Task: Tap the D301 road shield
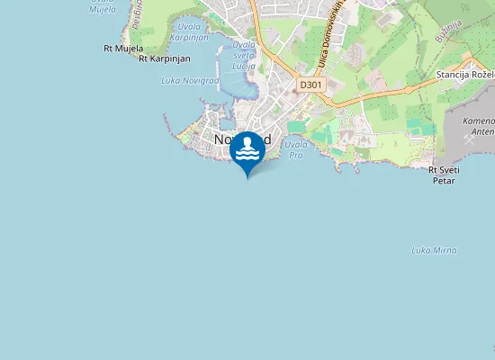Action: (310, 85)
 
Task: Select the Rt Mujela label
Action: (123, 48)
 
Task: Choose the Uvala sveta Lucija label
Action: (244, 54)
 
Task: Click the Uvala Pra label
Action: (295, 149)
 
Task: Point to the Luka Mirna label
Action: (434, 249)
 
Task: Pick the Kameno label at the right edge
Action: (478, 120)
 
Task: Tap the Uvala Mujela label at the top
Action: (103, 4)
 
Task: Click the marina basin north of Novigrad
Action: (236, 83)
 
